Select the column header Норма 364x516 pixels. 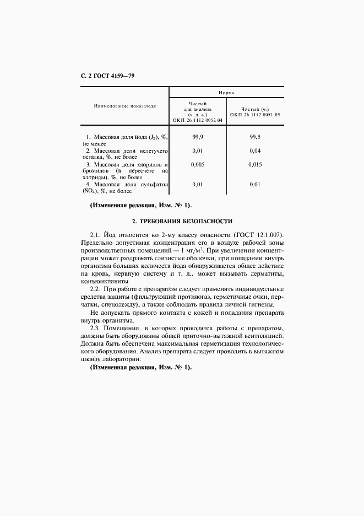click(x=226, y=93)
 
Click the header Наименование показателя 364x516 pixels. click(x=124, y=105)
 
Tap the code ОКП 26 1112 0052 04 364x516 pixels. click(x=198, y=120)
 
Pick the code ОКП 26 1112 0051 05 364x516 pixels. click(x=255, y=115)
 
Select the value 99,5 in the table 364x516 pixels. click(x=255, y=136)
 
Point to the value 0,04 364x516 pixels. click(x=255, y=150)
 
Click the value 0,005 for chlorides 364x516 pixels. click(x=198, y=164)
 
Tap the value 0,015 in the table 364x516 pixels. click(x=255, y=164)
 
